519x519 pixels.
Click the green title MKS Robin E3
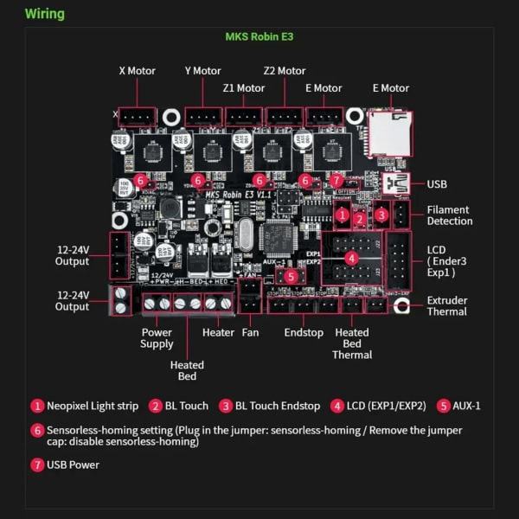[x=259, y=38]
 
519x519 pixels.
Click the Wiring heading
[x=44, y=14]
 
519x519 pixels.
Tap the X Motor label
[x=137, y=71]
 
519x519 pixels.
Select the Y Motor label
[x=203, y=71]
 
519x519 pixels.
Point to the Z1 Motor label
[x=243, y=88]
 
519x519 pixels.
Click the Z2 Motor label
[x=285, y=71]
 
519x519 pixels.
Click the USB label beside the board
[x=438, y=183]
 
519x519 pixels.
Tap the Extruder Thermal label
[x=447, y=306]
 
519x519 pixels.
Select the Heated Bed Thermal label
[x=352, y=343]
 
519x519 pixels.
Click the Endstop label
[x=303, y=332]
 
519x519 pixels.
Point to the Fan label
[x=251, y=332]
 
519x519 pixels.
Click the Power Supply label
[x=157, y=338]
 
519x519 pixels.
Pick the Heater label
[x=218, y=332]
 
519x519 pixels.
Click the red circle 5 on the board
[x=291, y=277]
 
